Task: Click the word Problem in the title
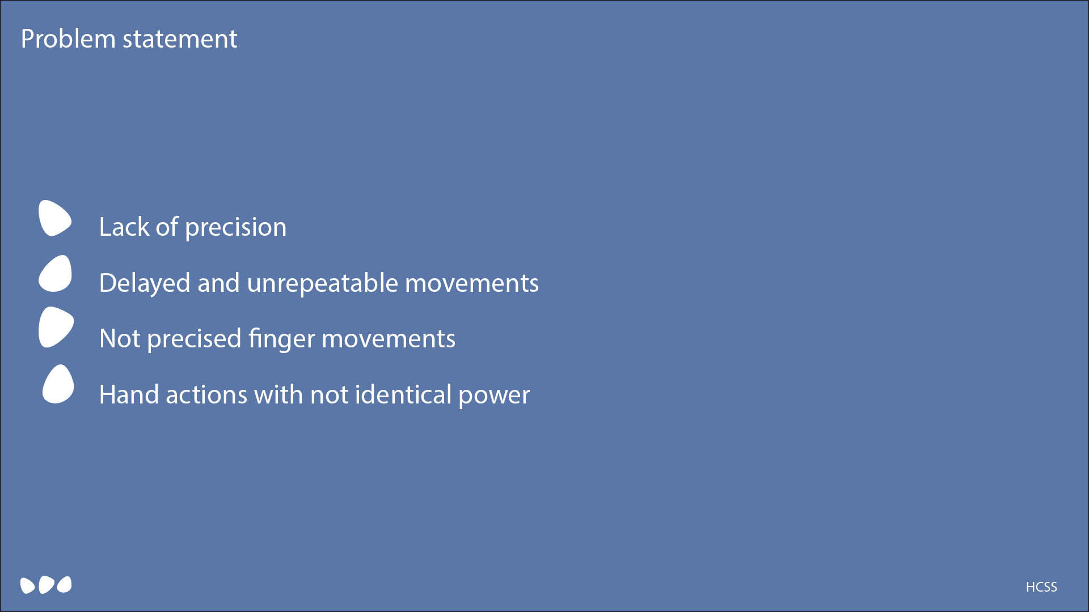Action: pos(68,39)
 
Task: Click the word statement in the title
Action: pos(180,39)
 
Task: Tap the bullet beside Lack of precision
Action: pos(55,218)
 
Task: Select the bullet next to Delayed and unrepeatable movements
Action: pos(55,274)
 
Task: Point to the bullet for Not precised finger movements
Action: pos(56,327)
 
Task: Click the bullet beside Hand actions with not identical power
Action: pos(58,384)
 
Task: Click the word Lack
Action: pos(124,227)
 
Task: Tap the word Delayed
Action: pos(145,283)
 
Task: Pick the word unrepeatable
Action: pos(322,283)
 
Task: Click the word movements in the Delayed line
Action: pos(472,283)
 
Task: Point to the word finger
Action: pos(281,339)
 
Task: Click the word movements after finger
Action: pos(389,339)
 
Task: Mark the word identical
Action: pos(403,394)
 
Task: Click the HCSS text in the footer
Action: pos(1041,587)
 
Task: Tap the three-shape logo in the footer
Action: pos(46,585)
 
